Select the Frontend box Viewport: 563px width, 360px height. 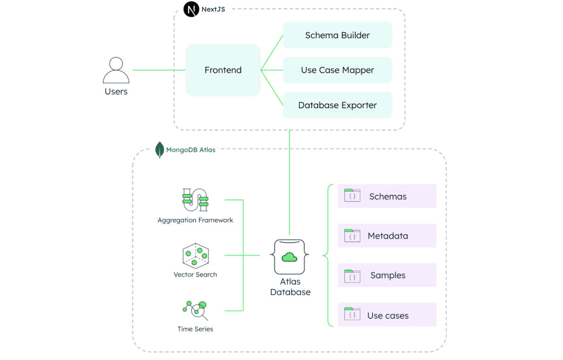(x=223, y=70)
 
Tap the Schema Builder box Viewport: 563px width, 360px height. (x=337, y=35)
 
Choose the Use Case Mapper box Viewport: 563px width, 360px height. (x=337, y=70)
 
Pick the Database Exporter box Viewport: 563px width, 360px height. (x=337, y=105)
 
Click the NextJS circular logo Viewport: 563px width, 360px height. (x=191, y=9)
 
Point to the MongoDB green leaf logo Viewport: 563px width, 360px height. (x=159, y=150)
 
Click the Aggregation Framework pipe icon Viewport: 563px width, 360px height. (x=195, y=200)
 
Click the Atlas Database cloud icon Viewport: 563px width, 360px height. (x=289, y=257)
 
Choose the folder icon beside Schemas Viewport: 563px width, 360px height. (x=352, y=196)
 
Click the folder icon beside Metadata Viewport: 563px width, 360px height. (x=352, y=236)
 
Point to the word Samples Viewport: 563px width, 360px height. (x=388, y=276)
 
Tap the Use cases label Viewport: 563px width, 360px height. (x=388, y=315)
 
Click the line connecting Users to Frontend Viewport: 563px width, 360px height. (x=159, y=70)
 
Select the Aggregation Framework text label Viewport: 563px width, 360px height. (x=195, y=220)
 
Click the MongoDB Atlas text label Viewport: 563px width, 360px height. (x=191, y=150)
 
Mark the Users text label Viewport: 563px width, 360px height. (x=116, y=91)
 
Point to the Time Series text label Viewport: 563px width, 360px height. (x=195, y=329)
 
